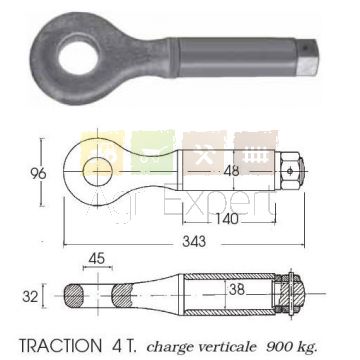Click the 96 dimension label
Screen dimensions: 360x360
pyautogui.click(x=38, y=174)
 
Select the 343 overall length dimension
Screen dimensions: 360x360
pyautogui.click(x=194, y=241)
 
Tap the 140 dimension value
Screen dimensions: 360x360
pyautogui.click(x=227, y=219)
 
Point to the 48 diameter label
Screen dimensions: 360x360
pyautogui.click(x=231, y=171)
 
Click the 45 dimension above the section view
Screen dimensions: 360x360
pyautogui.click(x=97, y=258)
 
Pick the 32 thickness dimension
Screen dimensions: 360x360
pyautogui.click(x=30, y=296)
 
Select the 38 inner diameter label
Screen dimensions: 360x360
pyautogui.click(x=237, y=290)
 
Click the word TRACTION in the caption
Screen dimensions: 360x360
pyautogui.click(x=60, y=346)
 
